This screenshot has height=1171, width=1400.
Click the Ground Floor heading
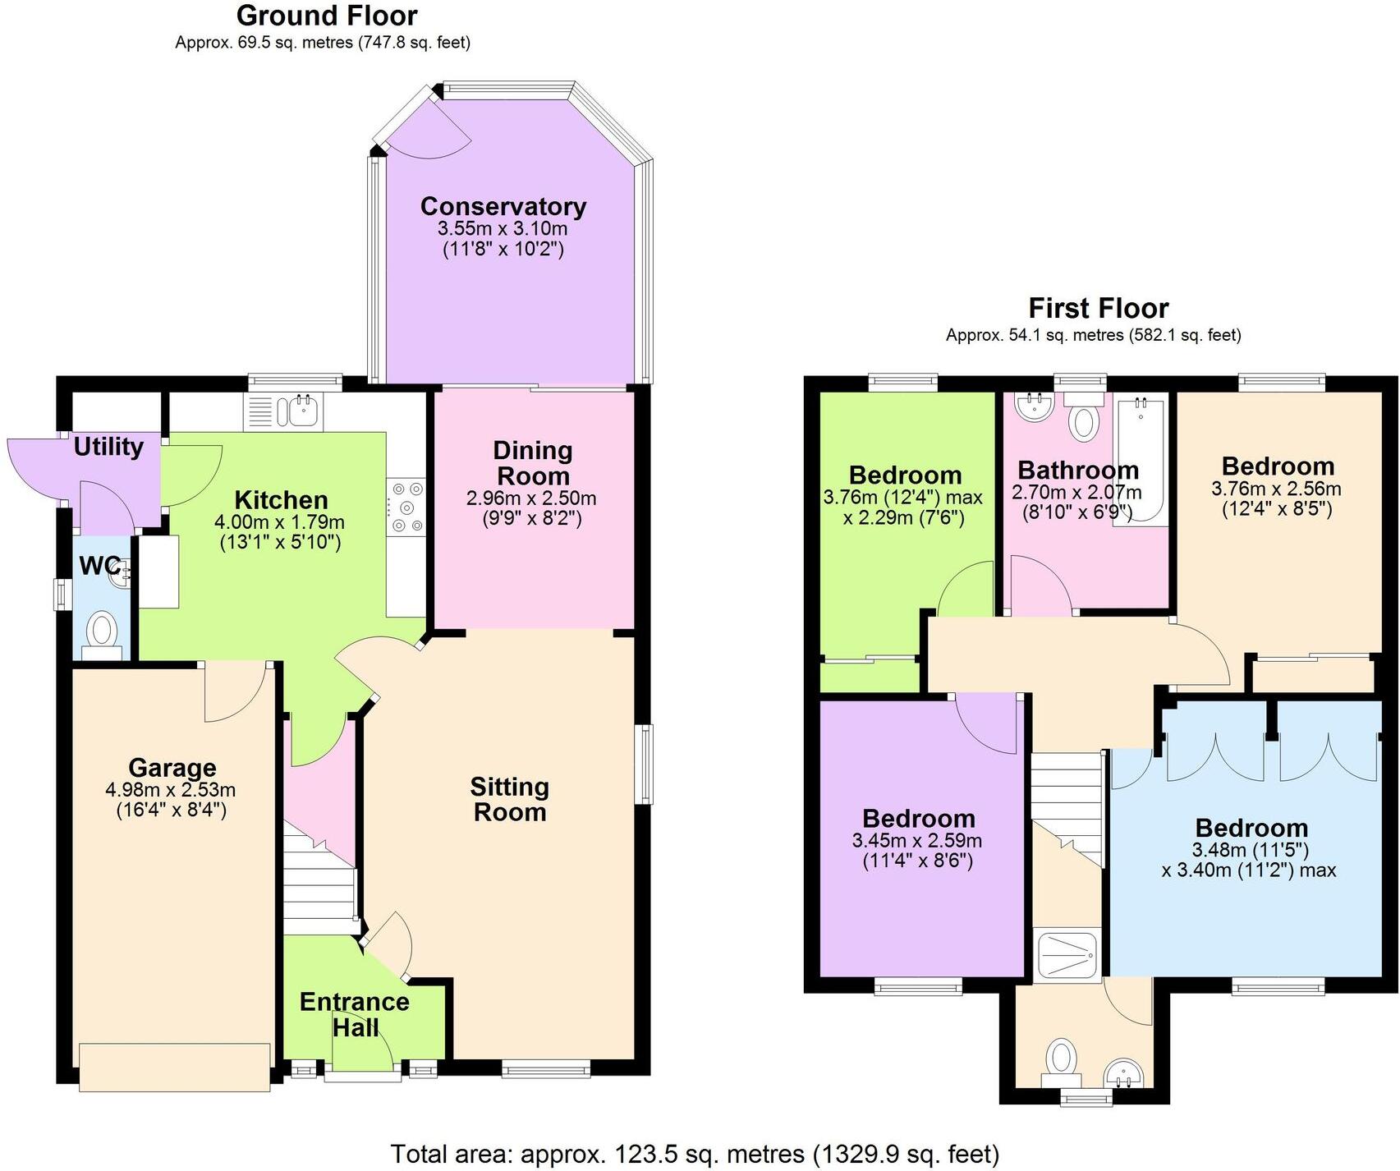327,16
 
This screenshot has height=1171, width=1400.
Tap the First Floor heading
1098,308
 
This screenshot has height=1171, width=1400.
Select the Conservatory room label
503,206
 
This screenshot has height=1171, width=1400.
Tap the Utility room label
108,447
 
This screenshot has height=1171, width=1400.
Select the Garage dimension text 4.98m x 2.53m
171,790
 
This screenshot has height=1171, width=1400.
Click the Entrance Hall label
355,1014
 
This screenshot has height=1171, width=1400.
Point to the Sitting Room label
509,799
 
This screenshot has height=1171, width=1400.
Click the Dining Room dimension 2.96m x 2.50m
531,498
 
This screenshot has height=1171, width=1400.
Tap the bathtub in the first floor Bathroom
1141,460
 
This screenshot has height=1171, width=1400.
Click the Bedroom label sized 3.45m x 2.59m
918,819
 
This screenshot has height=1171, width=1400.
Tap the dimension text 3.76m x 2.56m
1276,489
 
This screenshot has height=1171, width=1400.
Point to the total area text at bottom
695,1154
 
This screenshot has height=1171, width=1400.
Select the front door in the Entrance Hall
361,1054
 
